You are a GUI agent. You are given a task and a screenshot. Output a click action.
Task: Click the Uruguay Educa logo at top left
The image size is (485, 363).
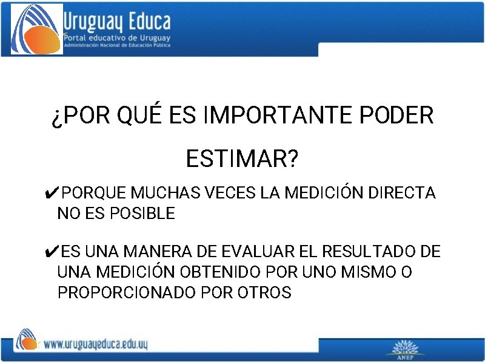pyautogui.click(x=37, y=29)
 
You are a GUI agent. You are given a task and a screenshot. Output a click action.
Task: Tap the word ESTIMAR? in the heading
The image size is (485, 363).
pyautogui.click(x=242, y=160)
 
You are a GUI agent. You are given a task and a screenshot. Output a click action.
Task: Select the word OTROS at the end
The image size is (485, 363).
pyautogui.click(x=264, y=293)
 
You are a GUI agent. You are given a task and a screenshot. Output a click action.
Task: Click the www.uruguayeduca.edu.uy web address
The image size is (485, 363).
pyautogui.click(x=96, y=345)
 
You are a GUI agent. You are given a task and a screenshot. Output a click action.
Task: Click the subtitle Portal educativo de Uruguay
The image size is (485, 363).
pyautogui.click(x=117, y=38)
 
